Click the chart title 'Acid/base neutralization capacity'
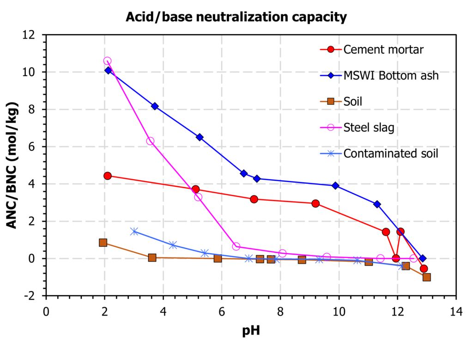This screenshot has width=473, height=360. point(236,18)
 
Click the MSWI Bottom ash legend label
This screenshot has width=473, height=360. point(391,75)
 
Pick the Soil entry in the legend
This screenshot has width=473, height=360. point(353,101)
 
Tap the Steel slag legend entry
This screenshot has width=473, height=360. point(369,128)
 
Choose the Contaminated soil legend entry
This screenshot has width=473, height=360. point(391,153)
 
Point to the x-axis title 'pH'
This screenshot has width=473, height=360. point(251,331)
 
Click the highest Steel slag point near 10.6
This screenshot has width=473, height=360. point(107,61)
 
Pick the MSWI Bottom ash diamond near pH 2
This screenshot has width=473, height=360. point(108,70)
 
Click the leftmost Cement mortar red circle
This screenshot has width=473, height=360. point(108,176)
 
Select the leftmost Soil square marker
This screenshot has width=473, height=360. point(103,243)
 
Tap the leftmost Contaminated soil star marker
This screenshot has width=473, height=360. point(134,232)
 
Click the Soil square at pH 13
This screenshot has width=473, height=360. point(426,277)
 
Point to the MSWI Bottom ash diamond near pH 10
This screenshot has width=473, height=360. point(335,186)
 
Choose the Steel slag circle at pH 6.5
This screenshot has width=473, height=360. point(236,246)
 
